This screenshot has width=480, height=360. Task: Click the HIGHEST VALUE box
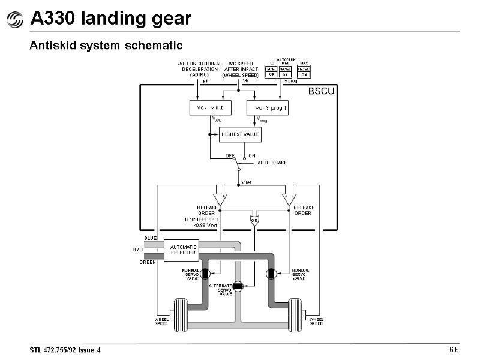click(x=240, y=134)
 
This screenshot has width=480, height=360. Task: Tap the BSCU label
click(x=322, y=92)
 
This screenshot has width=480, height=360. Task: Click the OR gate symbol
click(x=254, y=220)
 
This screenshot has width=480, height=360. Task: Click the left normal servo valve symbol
click(x=205, y=274)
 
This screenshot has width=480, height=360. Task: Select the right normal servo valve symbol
click(x=271, y=274)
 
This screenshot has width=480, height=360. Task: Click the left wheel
click(x=181, y=315)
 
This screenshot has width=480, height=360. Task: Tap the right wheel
click(x=295, y=315)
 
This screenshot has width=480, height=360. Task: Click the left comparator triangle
click(x=220, y=199)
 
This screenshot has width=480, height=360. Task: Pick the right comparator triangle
click(x=289, y=199)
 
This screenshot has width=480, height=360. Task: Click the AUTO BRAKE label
click(x=272, y=163)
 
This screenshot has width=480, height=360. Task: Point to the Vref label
click(x=247, y=181)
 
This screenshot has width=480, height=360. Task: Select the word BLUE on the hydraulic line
click(x=150, y=238)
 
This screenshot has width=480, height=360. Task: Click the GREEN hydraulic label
click(x=148, y=262)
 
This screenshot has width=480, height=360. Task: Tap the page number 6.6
click(x=454, y=350)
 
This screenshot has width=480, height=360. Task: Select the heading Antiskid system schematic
click(x=106, y=46)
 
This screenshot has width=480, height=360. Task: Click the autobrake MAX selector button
click(x=304, y=71)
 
